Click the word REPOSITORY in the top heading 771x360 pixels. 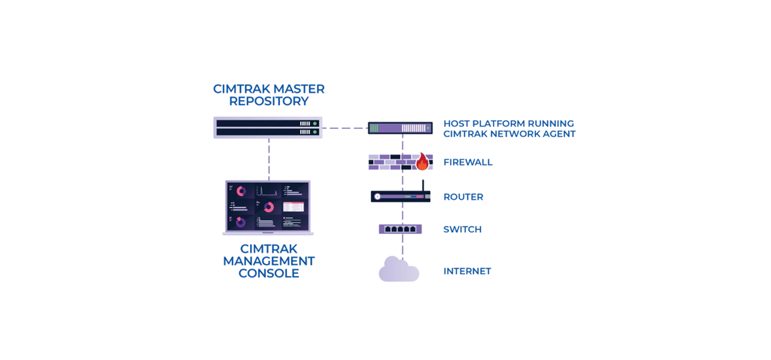[269, 101]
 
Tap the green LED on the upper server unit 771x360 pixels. [315, 123]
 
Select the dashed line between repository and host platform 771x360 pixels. [345, 128]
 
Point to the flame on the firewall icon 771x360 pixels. [422, 162]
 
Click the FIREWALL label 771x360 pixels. [468, 163]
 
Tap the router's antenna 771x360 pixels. [423, 186]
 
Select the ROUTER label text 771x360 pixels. [463, 197]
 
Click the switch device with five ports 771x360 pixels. [400, 229]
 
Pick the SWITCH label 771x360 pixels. [462, 229]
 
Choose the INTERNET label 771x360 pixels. [467, 271]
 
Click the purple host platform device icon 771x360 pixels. [400, 128]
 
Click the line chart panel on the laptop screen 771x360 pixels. [268, 191]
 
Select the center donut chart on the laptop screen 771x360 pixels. [268, 207]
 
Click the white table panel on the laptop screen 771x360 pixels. [293, 207]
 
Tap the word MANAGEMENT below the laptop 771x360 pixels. [269, 261]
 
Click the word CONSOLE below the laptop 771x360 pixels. [269, 274]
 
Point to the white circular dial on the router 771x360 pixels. [378, 196]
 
